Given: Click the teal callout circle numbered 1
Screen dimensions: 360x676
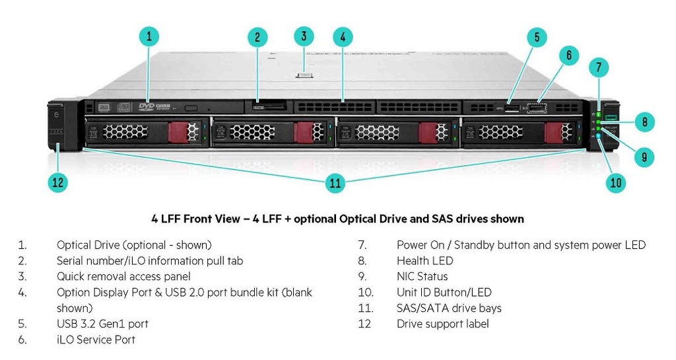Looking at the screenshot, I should coord(149,36).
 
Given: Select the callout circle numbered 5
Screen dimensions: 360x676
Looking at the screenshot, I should coord(537,37).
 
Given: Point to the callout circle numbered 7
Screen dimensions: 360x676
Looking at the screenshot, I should coord(598,67).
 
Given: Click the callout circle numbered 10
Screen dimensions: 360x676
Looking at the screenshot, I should coord(616,183).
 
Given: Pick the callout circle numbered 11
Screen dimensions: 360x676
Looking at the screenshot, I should coord(335,183).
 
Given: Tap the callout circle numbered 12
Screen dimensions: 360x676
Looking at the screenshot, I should coord(58,183).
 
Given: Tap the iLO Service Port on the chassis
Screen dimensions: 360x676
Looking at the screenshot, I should coord(539,106).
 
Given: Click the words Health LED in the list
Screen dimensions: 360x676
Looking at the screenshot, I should coord(424,261).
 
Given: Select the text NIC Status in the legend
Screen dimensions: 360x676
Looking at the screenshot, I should coord(422,277).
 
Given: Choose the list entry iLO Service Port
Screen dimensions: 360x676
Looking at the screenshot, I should coord(96,340).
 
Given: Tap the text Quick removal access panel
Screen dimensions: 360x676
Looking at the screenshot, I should coord(123,277).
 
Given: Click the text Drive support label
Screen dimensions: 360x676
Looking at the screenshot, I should coord(442,324).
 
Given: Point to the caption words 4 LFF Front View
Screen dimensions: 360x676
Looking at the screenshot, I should coord(195,219).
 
